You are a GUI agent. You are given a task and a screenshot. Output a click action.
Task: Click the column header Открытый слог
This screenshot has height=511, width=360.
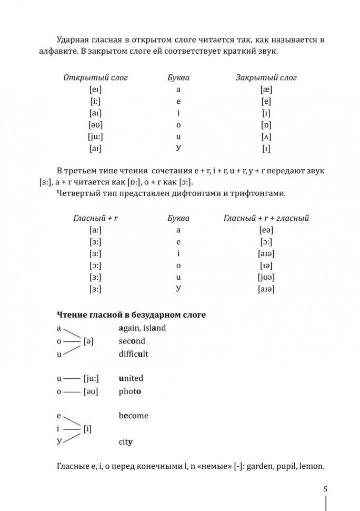click(95, 77)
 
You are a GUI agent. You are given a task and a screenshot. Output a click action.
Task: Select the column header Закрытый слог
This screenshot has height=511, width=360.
click(266, 77)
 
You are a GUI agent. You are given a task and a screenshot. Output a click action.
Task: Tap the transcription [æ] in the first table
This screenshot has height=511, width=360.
click(266, 90)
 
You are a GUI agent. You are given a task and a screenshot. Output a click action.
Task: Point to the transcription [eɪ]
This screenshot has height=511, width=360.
click(96, 90)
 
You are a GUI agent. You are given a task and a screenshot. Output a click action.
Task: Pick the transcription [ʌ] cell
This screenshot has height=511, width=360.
click(266, 136)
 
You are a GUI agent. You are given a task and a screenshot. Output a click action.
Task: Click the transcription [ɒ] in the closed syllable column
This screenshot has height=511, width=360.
click(266, 125)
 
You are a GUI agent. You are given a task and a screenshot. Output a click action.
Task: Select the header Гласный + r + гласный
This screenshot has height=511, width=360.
click(266, 218)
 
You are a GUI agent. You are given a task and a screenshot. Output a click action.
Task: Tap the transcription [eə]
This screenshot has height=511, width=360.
click(266, 230)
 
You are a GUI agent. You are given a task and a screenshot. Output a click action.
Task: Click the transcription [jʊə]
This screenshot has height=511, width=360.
click(266, 277)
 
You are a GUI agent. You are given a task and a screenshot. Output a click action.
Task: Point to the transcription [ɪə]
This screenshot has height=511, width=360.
click(266, 266)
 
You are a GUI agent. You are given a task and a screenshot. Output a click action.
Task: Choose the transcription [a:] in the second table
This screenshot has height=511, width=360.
click(96, 230)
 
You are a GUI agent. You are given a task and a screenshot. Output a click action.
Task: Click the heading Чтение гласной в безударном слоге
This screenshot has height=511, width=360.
click(131, 315)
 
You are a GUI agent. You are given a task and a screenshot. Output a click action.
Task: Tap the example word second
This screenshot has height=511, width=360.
click(132, 341)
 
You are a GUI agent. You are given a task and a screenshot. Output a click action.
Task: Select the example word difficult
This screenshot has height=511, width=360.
click(134, 354)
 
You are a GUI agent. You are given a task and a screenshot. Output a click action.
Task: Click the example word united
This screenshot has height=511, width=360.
click(131, 378)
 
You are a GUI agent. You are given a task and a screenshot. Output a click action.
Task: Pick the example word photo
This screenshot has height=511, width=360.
click(130, 391)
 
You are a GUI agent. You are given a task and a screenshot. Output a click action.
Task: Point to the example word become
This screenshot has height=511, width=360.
click(134, 416)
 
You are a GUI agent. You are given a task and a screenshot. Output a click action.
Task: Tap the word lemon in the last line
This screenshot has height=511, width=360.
click(310, 466)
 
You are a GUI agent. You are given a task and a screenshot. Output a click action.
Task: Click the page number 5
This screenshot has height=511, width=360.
click(326, 489)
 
